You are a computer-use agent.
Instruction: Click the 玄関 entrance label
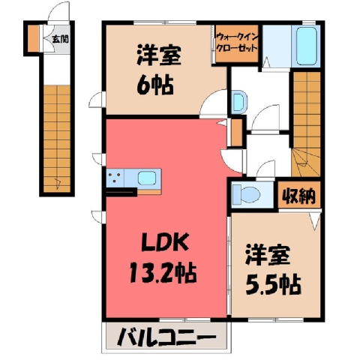pyautogui.click(x=60, y=39)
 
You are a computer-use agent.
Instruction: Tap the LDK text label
pyautogui.click(x=165, y=242)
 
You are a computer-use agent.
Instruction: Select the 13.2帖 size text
pyautogui.click(x=163, y=274)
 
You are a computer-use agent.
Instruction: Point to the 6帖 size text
pyautogui.click(x=155, y=85)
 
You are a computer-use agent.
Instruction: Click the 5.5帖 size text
pyautogui.click(x=273, y=284)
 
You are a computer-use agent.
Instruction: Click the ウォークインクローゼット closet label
pyautogui.click(x=236, y=43)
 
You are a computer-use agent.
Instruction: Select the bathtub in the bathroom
pyautogui.click(x=306, y=46)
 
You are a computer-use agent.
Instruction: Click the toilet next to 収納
pyautogui.click(x=246, y=195)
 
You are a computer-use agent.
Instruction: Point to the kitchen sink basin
pyautogui.click(x=148, y=178)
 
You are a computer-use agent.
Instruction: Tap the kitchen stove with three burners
pyautogui.click(x=115, y=178)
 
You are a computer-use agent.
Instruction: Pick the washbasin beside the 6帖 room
pyautogui.click(x=239, y=102)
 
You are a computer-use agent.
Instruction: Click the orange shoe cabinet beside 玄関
pyautogui.click(x=33, y=38)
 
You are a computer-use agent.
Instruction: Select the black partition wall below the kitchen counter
pyautogui.click(x=121, y=192)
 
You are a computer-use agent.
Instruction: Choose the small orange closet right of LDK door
pyautogui.click(x=236, y=133)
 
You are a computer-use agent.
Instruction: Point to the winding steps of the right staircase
pyautogui.click(x=306, y=162)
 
